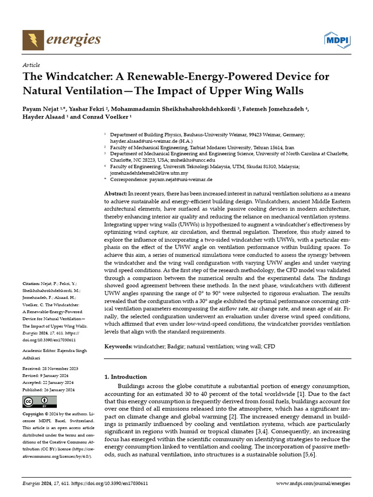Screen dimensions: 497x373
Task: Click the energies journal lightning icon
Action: tap(33, 39)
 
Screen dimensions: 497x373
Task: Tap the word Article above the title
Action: tap(31, 65)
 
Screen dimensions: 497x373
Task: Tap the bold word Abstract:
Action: tap(117, 194)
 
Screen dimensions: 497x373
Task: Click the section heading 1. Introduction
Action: tap(126, 377)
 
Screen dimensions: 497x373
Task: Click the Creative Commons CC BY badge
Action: tap(39, 401)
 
